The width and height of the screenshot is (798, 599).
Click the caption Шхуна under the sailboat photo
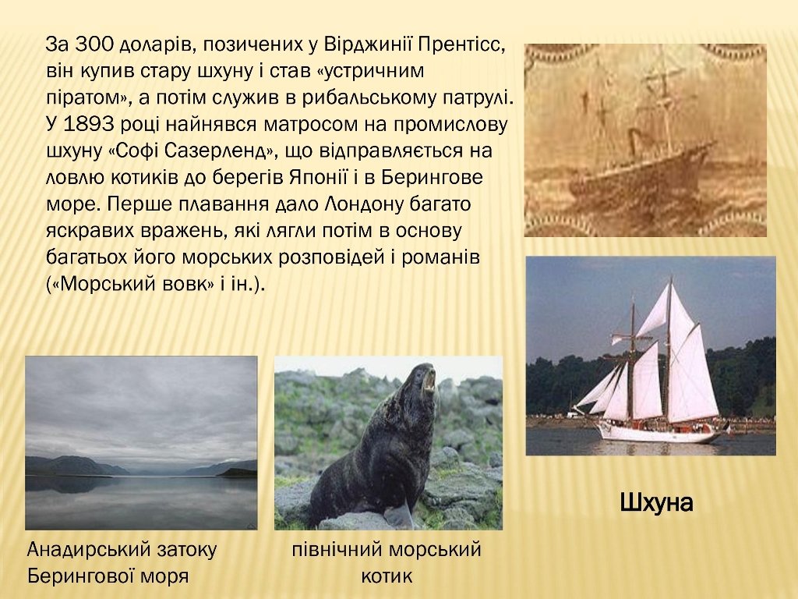[x=656, y=503]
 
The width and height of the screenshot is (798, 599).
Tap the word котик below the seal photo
[x=387, y=576]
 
